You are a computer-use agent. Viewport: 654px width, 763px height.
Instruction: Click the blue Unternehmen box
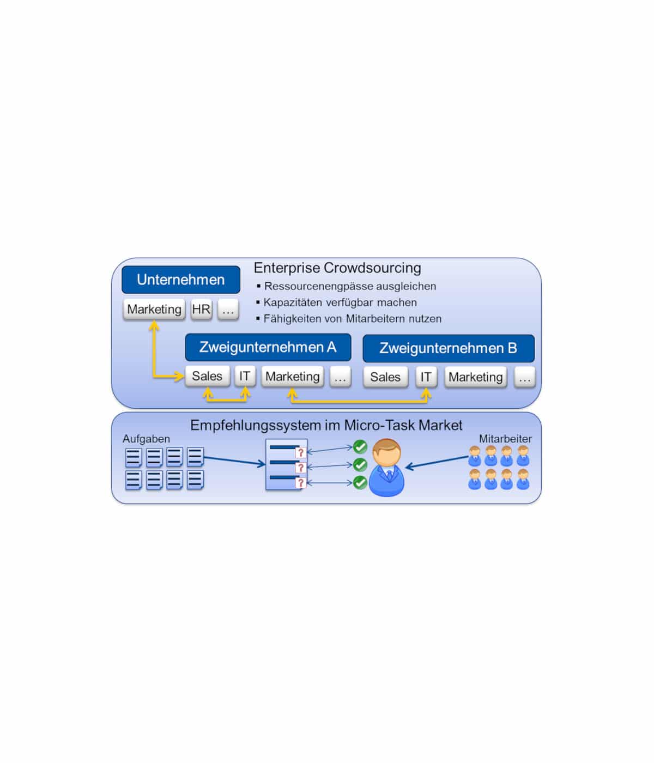pyautogui.click(x=180, y=280)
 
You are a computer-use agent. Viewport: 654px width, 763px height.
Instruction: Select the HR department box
pyautogui.click(x=201, y=310)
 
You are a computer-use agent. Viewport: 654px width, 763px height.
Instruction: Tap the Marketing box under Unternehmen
pyautogui.click(x=154, y=310)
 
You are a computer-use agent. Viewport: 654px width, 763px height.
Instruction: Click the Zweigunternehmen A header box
pyautogui.click(x=268, y=348)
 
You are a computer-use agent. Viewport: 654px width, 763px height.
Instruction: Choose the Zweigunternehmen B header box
pyautogui.click(x=448, y=348)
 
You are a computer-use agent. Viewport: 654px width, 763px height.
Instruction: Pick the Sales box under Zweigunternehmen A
pyautogui.click(x=207, y=377)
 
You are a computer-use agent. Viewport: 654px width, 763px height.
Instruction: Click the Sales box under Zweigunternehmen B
pyautogui.click(x=385, y=377)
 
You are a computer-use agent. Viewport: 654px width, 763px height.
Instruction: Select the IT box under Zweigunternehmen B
pyautogui.click(x=426, y=377)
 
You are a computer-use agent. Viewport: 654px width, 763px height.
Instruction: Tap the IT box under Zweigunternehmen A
pyautogui.click(x=245, y=377)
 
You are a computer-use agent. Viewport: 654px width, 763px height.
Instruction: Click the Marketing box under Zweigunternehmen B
pyautogui.click(x=475, y=377)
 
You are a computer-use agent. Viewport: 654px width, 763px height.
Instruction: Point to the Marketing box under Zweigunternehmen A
pyautogui.click(x=293, y=377)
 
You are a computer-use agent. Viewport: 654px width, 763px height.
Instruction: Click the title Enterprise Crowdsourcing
pyautogui.click(x=337, y=268)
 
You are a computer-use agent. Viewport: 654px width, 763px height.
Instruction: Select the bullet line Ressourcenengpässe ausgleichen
pyautogui.click(x=350, y=286)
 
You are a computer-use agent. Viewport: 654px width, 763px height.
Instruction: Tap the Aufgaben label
pyautogui.click(x=146, y=439)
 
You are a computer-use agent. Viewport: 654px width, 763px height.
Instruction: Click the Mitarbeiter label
pyautogui.click(x=505, y=439)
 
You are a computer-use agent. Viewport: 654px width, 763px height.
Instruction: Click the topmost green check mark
pyautogui.click(x=360, y=447)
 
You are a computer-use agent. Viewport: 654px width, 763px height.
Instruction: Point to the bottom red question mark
pyautogui.click(x=300, y=483)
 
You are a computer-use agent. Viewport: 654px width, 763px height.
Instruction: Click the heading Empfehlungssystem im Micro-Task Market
pyautogui.click(x=326, y=425)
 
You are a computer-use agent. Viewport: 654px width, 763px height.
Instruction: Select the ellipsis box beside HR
pyautogui.click(x=228, y=310)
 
